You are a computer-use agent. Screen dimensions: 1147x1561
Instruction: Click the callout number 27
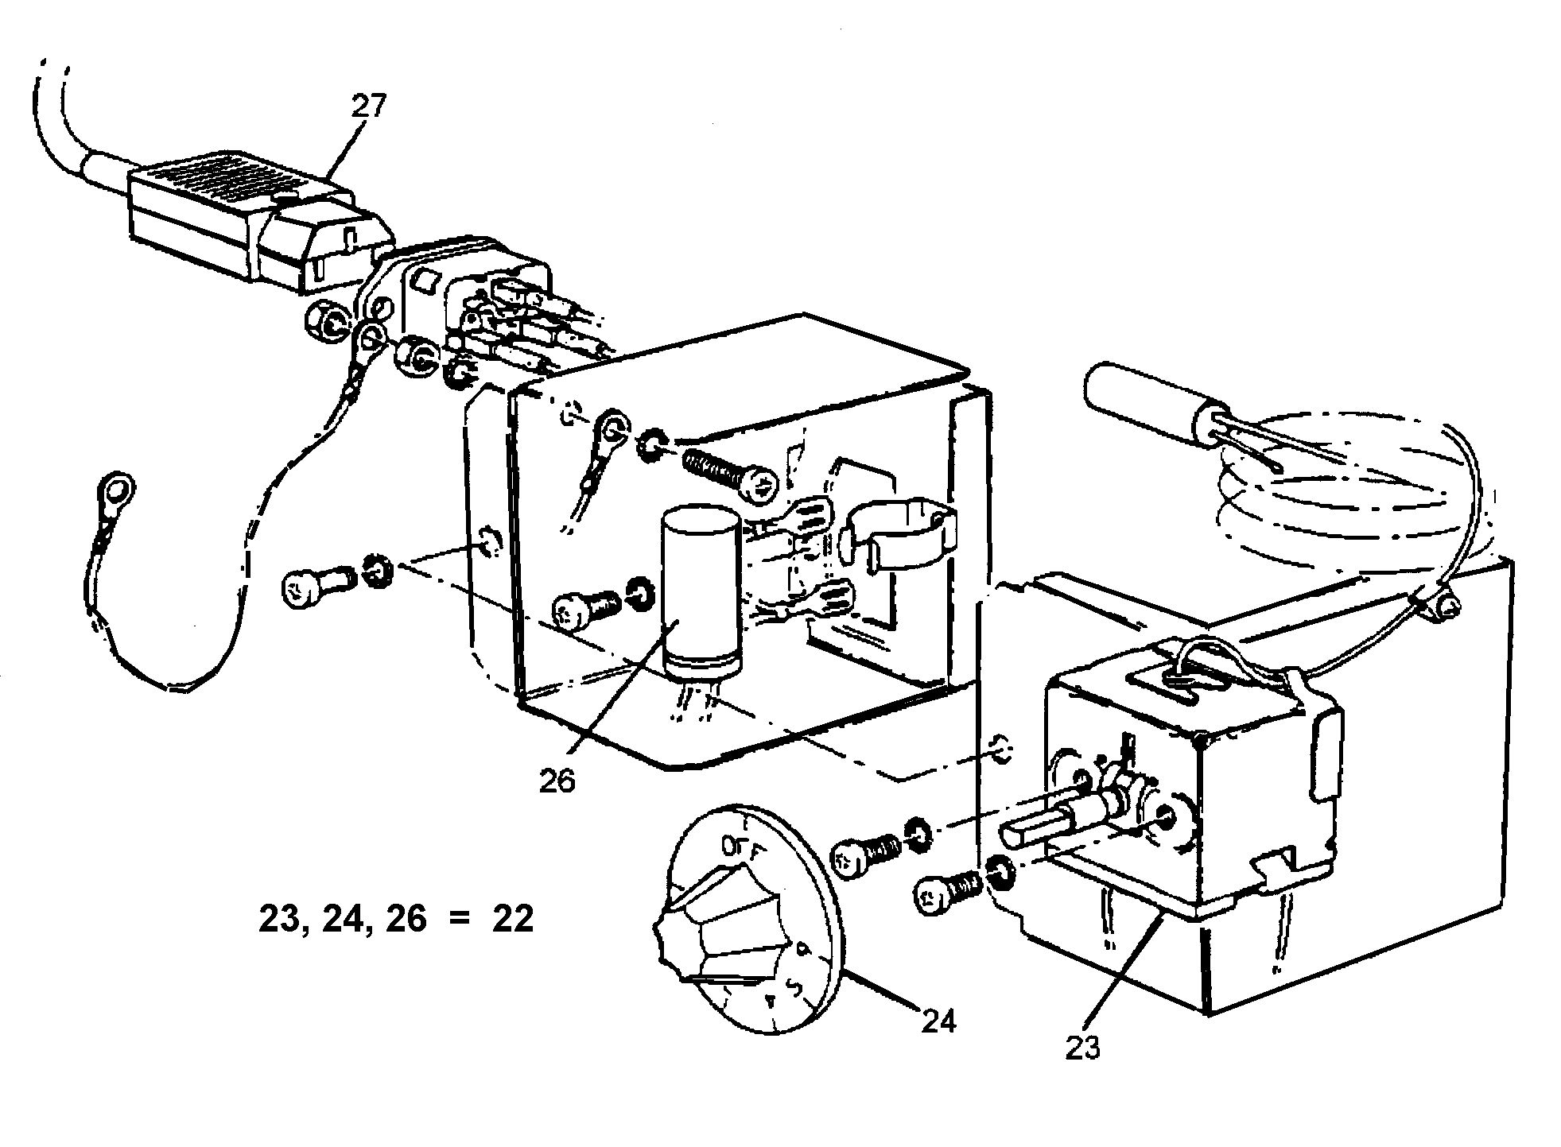pos(368,107)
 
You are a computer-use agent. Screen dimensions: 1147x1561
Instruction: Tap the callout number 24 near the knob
pos(938,1020)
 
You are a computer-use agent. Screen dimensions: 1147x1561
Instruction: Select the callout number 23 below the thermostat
pos(1083,1048)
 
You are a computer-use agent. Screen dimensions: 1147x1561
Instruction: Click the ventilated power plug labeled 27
pos(239,215)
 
